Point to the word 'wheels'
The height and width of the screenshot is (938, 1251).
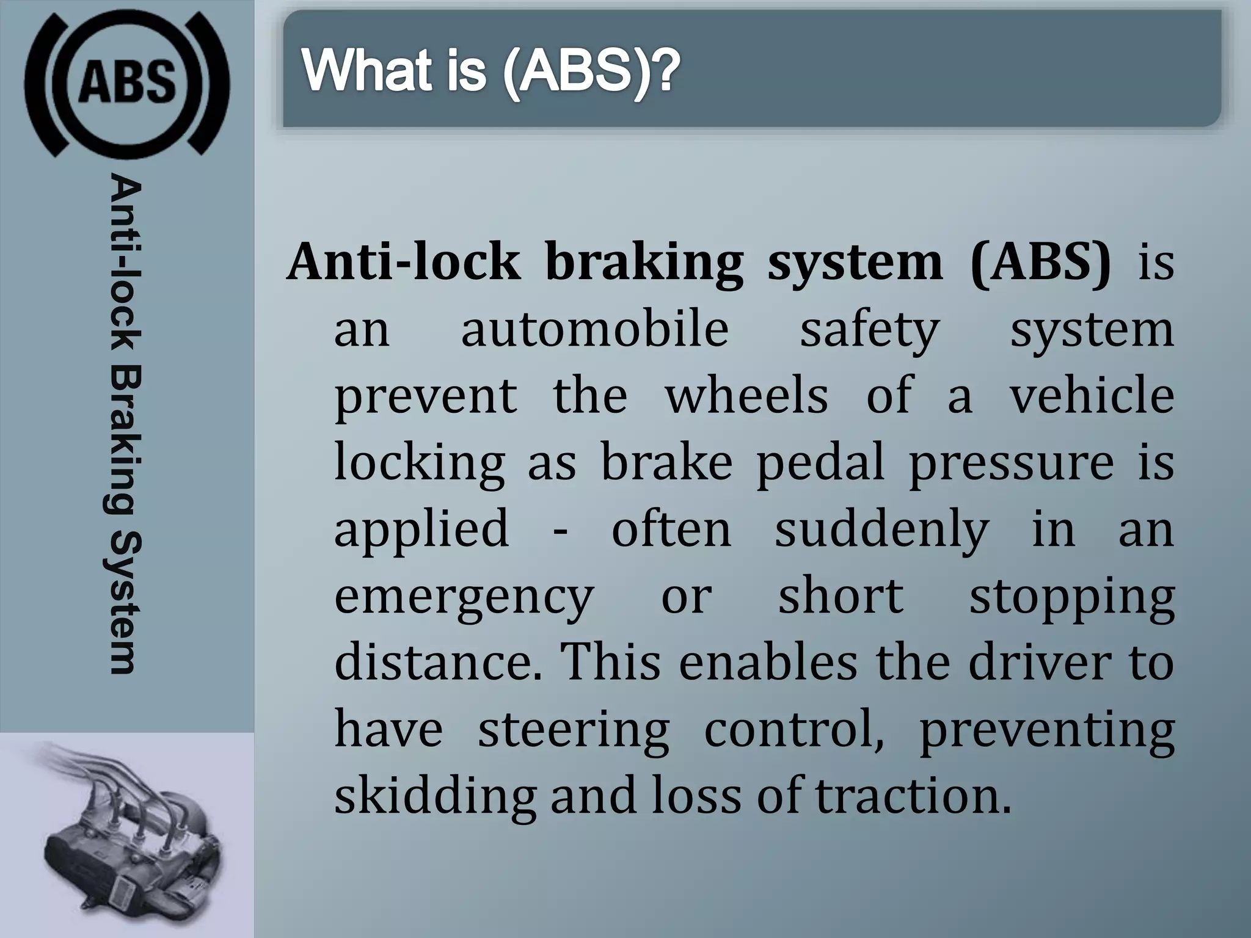pyautogui.click(x=746, y=396)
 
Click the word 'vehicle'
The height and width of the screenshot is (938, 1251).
pyautogui.click(x=1092, y=396)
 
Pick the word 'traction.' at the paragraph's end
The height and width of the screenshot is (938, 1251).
pyautogui.click(x=913, y=796)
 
